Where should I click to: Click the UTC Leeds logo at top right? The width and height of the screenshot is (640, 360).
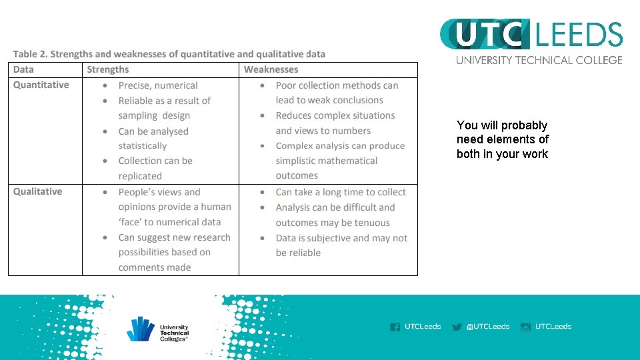pos(531,35)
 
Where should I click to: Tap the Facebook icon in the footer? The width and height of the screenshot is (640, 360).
pos(395,327)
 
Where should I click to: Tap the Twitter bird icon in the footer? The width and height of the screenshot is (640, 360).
pos(457,327)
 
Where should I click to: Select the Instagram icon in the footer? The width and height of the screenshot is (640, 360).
pos(525,327)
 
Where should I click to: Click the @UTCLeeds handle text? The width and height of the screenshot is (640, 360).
pos(488,327)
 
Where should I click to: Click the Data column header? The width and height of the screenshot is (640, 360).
pos(23,69)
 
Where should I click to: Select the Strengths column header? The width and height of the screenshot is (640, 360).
pos(108,69)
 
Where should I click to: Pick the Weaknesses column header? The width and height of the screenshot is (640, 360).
pos(271,69)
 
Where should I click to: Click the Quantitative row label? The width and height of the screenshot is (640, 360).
pos(41,85)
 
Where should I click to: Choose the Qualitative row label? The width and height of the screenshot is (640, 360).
pos(38,191)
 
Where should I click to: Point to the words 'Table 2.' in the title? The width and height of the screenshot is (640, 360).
pos(30,54)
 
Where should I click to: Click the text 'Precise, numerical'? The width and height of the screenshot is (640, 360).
pos(158,85)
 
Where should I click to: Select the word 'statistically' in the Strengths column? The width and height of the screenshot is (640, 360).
pos(143,146)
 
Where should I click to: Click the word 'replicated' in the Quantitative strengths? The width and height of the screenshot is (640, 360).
pos(140,176)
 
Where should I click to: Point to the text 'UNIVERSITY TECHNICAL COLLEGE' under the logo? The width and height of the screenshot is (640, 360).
pos(539,60)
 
